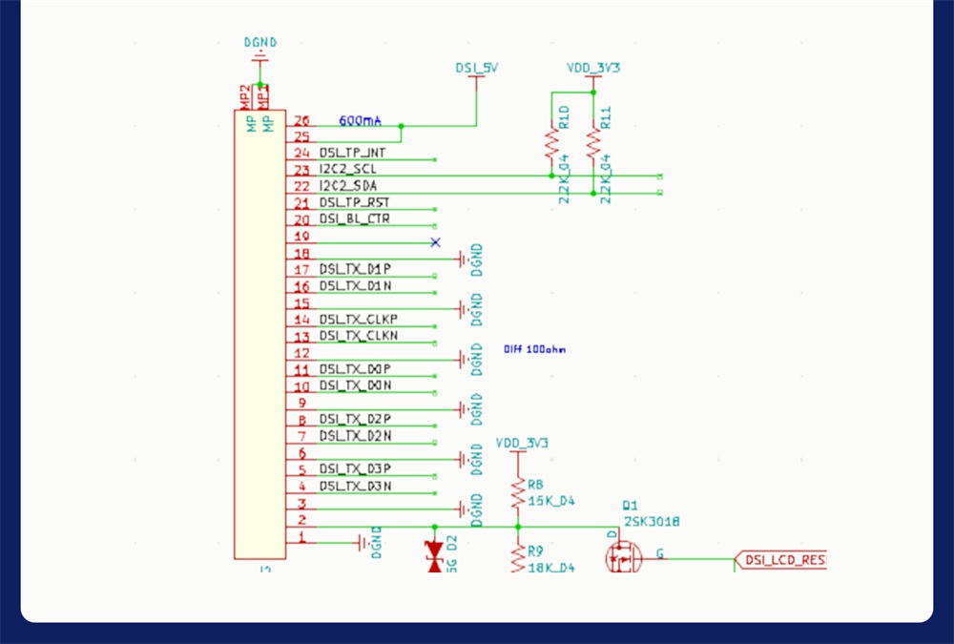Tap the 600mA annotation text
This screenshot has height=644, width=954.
pyautogui.click(x=361, y=121)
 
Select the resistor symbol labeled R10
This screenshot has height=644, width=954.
pyautogui.click(x=551, y=143)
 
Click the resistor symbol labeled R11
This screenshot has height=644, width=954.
pyautogui.click(x=593, y=143)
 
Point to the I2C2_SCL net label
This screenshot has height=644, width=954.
pyautogui.click(x=348, y=169)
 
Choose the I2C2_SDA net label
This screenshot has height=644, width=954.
pyautogui.click(x=349, y=186)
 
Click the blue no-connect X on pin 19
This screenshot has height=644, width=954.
pyautogui.click(x=436, y=242)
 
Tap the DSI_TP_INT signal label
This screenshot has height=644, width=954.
pyautogui.click(x=353, y=153)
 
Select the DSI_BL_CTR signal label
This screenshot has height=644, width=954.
pyautogui.click(x=354, y=219)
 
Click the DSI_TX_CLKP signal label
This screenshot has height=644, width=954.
pyautogui.click(x=358, y=319)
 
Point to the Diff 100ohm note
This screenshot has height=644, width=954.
pyautogui.click(x=534, y=349)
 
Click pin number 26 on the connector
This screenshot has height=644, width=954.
pyautogui.click(x=302, y=121)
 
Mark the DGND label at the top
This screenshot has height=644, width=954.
pyautogui.click(x=260, y=42)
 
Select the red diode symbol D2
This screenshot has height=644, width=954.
pyautogui.click(x=436, y=556)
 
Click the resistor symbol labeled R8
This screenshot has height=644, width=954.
pyautogui.click(x=518, y=494)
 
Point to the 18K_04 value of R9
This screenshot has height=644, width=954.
pyautogui.click(x=550, y=567)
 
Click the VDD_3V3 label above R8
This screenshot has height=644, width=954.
pyautogui.click(x=522, y=443)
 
